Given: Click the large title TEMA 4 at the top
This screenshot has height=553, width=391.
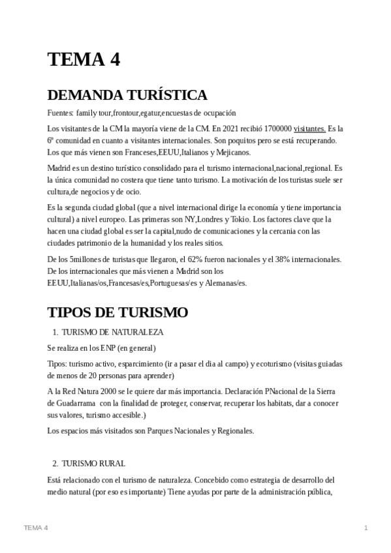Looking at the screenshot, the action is click(84, 59).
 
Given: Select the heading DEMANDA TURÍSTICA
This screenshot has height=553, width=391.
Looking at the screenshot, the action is click(127, 95).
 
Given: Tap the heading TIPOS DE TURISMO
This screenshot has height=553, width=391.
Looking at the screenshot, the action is click(117, 312).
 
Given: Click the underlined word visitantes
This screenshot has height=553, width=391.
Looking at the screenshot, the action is click(310, 129).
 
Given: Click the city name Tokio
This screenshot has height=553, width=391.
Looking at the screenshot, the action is click(268, 220).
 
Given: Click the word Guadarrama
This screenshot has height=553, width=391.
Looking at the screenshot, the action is click(69, 402).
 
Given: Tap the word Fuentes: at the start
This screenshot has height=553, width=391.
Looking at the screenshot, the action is click(60, 112).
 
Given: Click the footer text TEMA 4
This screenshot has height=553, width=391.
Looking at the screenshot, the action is click(35, 527).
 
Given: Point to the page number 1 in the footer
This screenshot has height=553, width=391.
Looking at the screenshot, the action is click(366, 527).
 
